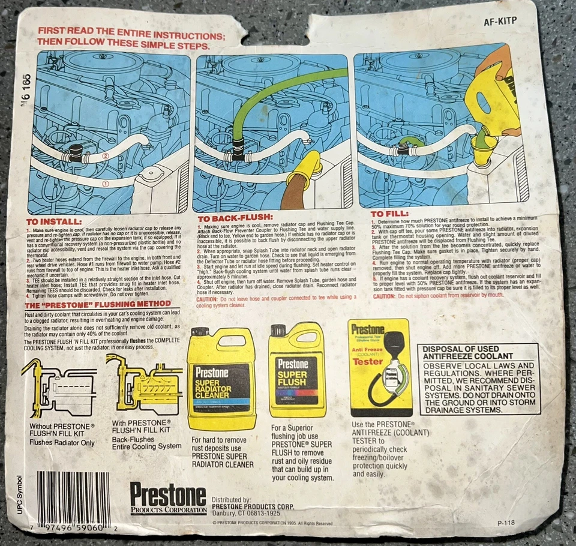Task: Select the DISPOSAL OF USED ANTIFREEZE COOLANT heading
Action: (x=478, y=353)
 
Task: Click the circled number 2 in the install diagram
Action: (x=106, y=156)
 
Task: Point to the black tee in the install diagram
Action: (x=76, y=152)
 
